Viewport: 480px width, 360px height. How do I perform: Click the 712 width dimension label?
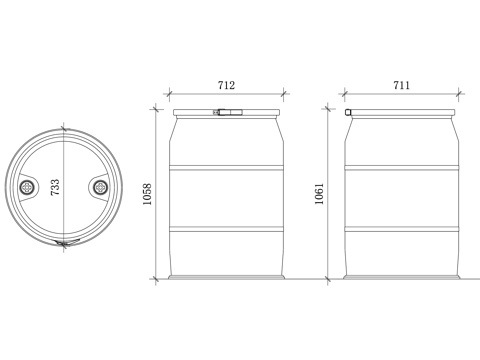tap(226, 85)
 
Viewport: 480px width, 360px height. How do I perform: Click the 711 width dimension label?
tap(402, 85)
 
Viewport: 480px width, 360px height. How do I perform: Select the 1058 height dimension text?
tap(147, 194)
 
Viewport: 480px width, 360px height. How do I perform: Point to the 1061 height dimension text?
tap(319, 194)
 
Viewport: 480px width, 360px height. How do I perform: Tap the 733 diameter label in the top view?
tap(55, 187)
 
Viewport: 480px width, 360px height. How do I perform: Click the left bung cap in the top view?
tap(27, 188)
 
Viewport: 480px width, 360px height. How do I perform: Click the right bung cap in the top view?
tap(100, 187)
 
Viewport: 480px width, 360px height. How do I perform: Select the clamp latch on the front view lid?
tap(228, 112)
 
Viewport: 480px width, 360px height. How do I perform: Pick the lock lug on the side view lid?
tap(348, 112)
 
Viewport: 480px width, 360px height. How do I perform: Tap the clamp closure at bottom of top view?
tap(67, 242)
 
